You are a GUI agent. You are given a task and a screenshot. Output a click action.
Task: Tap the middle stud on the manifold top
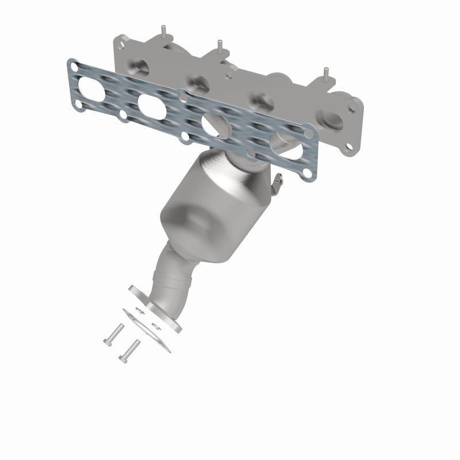pos(218,43)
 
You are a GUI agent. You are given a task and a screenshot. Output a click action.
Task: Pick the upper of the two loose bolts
pos(114,333)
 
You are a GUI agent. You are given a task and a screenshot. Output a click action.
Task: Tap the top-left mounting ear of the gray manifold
pos(120,42)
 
